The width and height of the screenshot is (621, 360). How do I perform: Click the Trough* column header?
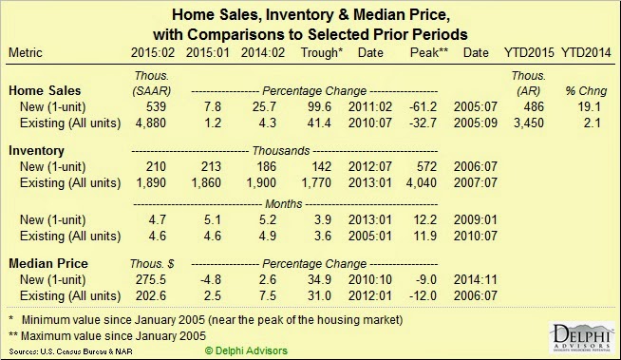[x=321, y=52]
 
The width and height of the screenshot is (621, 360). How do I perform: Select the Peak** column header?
[x=429, y=52]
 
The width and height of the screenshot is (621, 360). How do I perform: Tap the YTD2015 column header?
[x=529, y=52]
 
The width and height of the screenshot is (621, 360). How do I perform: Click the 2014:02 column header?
[x=263, y=52]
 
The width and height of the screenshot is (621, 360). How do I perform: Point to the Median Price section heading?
[x=48, y=263]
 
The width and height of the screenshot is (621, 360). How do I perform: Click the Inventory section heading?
[x=36, y=150]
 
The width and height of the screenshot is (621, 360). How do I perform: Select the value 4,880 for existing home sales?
[x=151, y=123]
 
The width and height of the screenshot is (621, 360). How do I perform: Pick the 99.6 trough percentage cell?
[x=319, y=106]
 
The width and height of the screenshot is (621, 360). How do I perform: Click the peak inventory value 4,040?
[x=422, y=182]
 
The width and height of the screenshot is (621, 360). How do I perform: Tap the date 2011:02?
[x=370, y=106]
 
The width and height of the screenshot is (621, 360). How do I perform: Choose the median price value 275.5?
[x=151, y=279]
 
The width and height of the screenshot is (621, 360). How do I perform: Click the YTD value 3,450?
[x=529, y=123]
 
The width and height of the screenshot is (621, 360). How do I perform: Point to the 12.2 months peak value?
[x=425, y=219]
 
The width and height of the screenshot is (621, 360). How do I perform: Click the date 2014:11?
[x=476, y=279]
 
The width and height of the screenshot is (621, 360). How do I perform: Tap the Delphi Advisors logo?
[x=581, y=337]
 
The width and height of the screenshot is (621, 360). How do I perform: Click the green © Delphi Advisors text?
[x=246, y=351]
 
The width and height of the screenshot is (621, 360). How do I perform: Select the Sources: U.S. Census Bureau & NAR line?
[x=71, y=351]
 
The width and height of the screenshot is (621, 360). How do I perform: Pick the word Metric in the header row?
[x=26, y=52]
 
